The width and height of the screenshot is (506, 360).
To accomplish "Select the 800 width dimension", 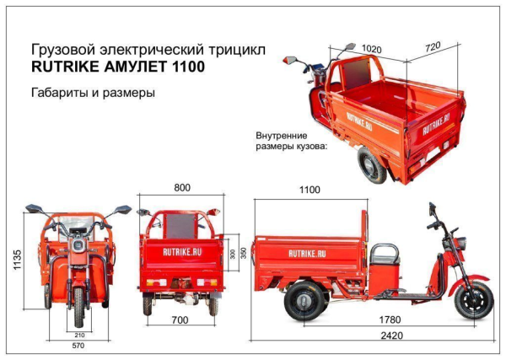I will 181,188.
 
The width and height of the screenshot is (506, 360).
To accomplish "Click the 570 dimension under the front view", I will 78,346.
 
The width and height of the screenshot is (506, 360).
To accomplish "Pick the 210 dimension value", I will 78,335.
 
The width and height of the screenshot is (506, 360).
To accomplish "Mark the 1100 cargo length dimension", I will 310,191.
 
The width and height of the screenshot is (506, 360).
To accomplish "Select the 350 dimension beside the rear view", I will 244,254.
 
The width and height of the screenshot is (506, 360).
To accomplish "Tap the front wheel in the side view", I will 473,298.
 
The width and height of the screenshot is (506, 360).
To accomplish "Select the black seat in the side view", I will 385,254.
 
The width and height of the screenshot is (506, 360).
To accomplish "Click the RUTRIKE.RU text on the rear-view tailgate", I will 181,250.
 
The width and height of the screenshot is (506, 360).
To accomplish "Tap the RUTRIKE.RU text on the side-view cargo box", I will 309,252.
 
